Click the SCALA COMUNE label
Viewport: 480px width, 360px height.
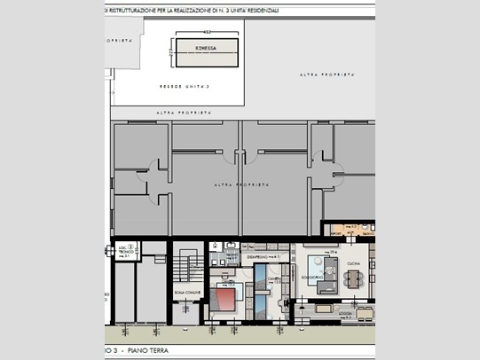coord(188,293)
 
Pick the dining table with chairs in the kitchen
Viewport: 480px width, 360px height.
coord(353,280)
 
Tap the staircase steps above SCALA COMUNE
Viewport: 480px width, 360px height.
coord(187,265)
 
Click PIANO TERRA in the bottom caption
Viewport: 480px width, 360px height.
coord(145,352)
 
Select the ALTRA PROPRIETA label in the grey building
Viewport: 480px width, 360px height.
coord(240,184)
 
